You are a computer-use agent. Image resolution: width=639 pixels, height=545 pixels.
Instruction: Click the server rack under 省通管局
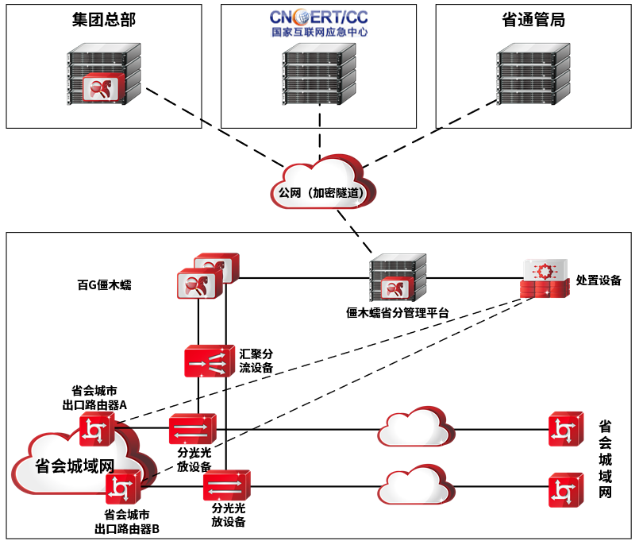533,74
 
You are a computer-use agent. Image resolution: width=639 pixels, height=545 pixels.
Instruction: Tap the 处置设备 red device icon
545,279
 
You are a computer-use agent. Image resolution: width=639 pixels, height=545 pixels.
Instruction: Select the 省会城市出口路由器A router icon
97,431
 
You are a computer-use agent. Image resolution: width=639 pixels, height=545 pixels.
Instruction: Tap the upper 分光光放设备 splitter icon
192,430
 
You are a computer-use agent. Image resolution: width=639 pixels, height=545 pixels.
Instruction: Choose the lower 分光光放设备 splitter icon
227,484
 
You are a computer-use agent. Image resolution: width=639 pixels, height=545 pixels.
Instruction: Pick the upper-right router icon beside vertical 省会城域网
566,430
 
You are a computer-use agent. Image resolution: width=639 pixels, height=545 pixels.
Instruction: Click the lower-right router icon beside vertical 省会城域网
566,489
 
